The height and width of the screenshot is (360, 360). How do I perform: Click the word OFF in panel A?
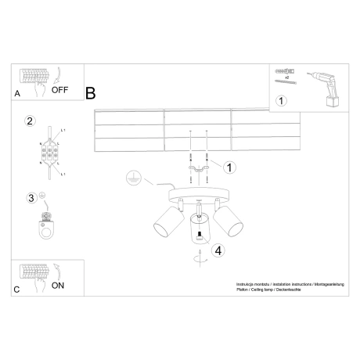(60, 90)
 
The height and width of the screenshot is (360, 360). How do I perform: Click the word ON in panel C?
(58, 286)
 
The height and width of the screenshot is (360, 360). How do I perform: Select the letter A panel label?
(17, 93)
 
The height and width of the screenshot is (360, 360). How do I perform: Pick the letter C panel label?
(17, 290)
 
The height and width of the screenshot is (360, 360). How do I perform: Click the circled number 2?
(30, 121)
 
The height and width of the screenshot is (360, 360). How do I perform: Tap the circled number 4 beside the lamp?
(219, 250)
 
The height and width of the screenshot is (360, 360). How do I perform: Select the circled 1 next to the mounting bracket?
(229, 166)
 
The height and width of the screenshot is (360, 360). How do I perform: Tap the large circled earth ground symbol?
(135, 178)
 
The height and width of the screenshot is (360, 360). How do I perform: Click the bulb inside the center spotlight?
(199, 232)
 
